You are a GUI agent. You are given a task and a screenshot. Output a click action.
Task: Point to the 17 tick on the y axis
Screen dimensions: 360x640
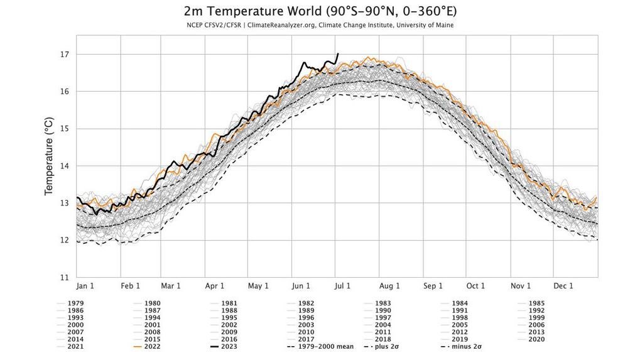pos(63,55)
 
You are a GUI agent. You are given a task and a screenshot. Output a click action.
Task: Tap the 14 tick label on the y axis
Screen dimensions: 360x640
pos(63,166)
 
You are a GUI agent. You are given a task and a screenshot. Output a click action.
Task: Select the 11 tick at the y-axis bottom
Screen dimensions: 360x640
pos(63,277)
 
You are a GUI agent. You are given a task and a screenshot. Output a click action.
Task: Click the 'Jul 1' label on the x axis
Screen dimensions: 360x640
pos(343,286)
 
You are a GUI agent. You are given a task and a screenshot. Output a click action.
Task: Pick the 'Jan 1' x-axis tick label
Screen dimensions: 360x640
pos(85,286)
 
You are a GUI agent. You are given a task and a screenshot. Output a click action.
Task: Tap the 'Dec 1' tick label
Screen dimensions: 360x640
pos(563,286)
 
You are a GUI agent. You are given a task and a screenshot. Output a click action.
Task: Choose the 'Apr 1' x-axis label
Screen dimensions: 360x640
pos(215,286)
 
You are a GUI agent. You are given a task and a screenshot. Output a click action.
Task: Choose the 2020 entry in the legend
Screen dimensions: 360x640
pos(536,338)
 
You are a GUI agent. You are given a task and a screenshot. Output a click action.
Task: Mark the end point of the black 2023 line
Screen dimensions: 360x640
pos(338,54)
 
